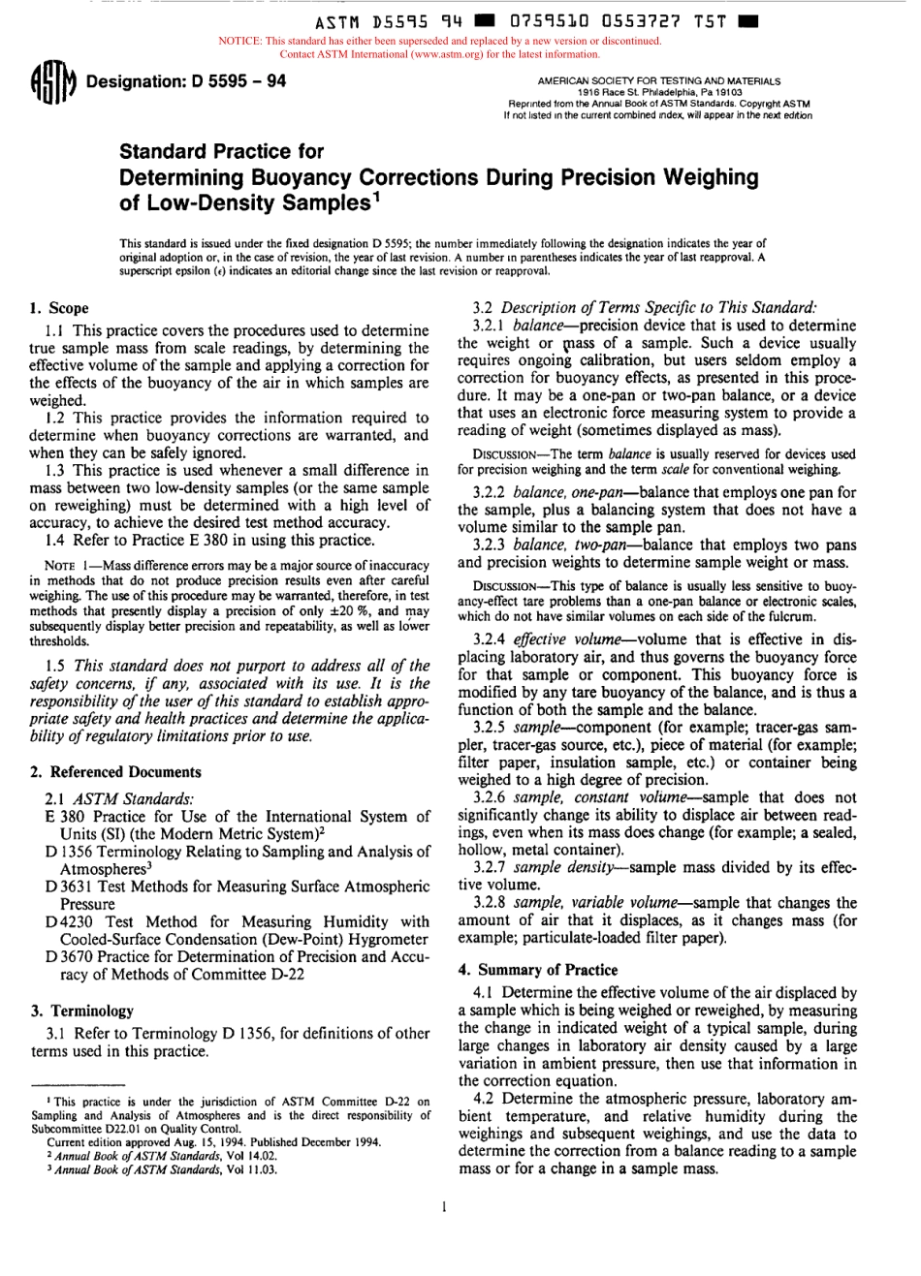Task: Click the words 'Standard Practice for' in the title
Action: pos(221,151)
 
